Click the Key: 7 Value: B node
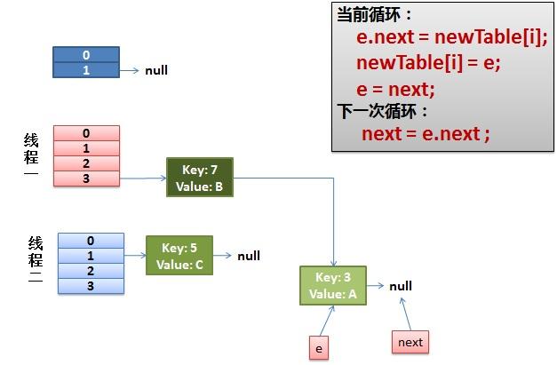click(x=200, y=177)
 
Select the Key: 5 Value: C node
click(x=179, y=256)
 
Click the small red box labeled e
click(x=318, y=349)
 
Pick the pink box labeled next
click(x=410, y=342)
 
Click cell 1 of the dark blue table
click(x=86, y=69)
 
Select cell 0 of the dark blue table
click(x=86, y=55)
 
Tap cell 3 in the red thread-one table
click(x=86, y=179)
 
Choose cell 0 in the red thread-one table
click(x=86, y=133)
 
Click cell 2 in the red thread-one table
click(x=86, y=163)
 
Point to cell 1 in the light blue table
click(x=90, y=256)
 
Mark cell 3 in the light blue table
click(x=90, y=286)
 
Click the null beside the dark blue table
click(x=156, y=70)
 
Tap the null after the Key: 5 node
click(x=249, y=256)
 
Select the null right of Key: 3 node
click(x=401, y=286)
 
